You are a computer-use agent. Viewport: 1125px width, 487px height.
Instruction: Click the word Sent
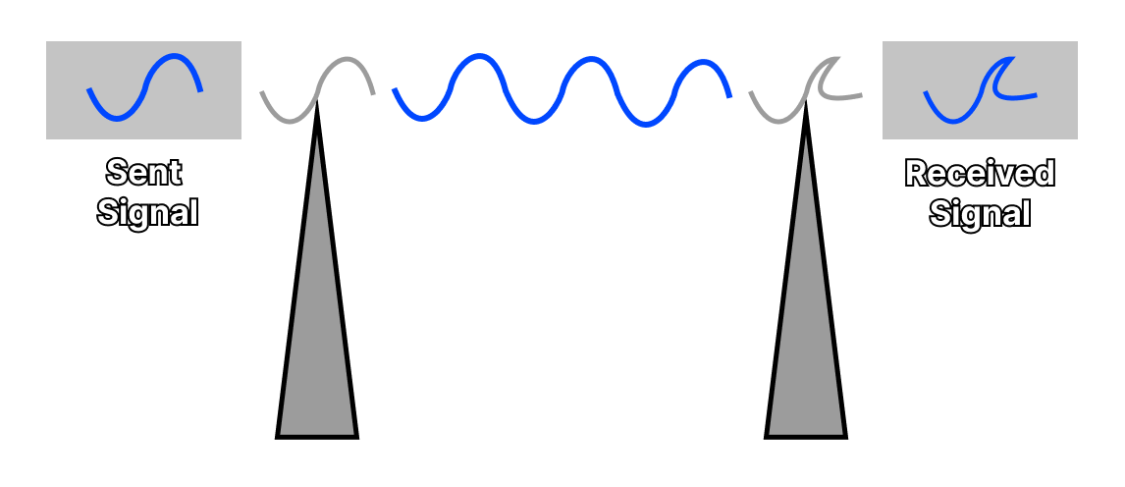point(143,173)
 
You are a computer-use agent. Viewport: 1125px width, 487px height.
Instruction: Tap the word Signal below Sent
point(147,212)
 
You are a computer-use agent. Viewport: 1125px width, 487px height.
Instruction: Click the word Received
point(980,174)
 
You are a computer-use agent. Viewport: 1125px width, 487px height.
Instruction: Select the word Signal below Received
point(980,213)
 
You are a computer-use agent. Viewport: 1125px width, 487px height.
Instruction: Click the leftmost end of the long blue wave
point(395,90)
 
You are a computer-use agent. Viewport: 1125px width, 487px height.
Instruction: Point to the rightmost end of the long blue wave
point(730,96)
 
